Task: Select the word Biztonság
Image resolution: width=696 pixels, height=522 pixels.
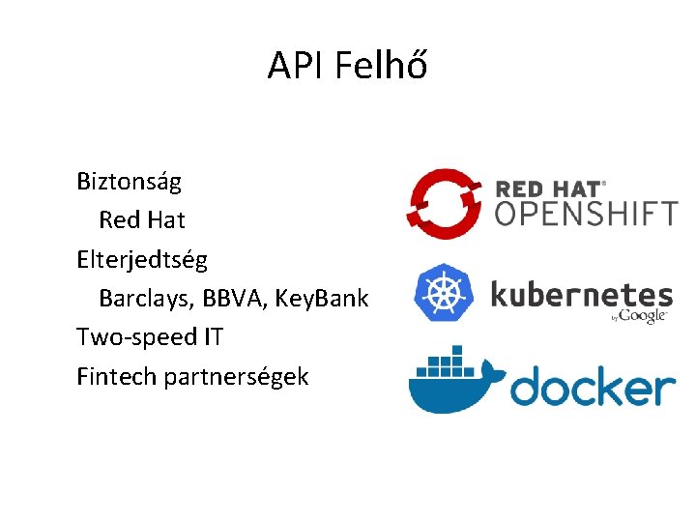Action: (130, 181)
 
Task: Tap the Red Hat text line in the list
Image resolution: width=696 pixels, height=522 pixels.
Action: (141, 220)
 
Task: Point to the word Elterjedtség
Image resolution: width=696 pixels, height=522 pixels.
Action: (142, 259)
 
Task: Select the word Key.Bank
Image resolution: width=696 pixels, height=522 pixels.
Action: (322, 299)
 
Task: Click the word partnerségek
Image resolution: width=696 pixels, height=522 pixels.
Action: (236, 377)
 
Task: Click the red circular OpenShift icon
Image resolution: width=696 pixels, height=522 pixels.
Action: (444, 203)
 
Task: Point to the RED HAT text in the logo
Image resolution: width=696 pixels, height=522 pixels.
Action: (547, 188)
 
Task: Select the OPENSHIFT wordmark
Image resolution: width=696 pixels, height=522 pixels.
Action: (586, 213)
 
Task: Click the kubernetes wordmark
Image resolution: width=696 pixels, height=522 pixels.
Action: (581, 294)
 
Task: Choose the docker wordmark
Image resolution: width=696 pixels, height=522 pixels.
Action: (592, 387)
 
